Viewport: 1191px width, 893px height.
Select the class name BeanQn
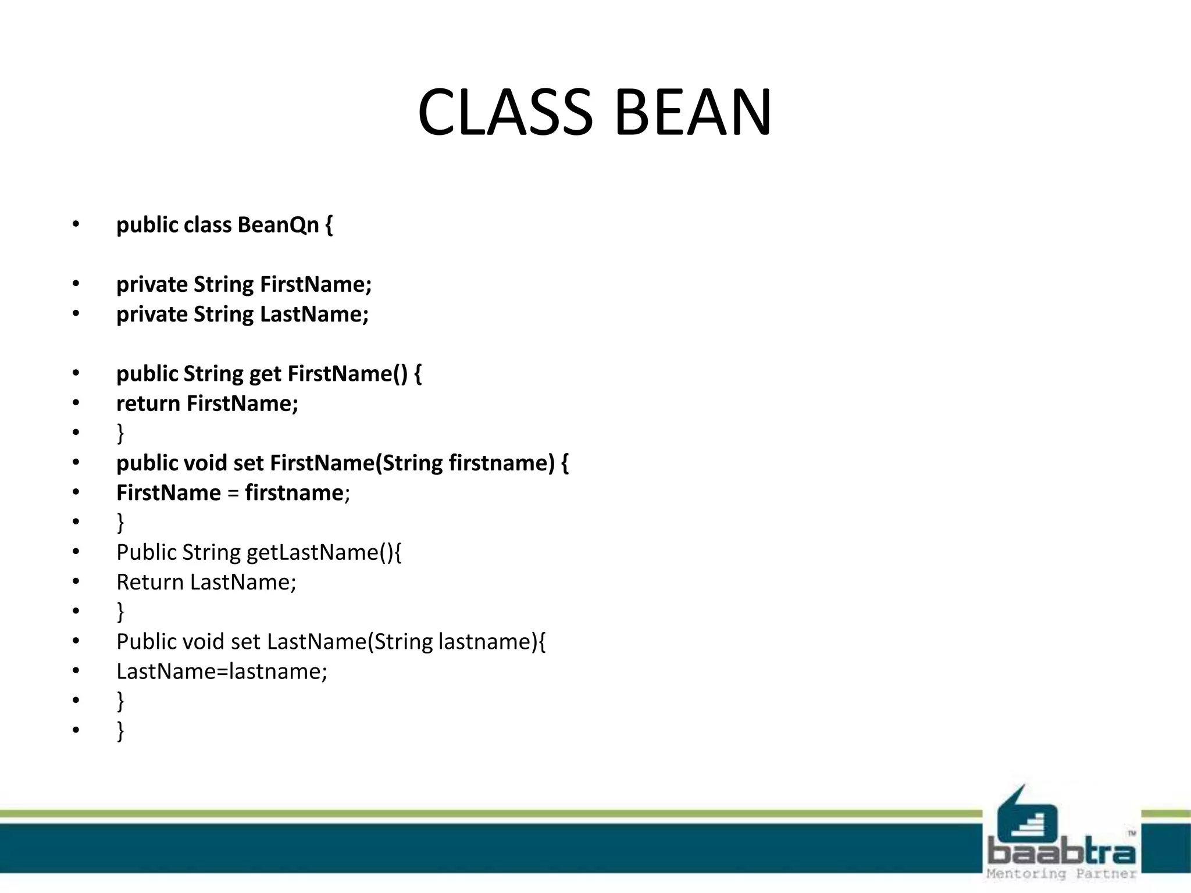tap(278, 225)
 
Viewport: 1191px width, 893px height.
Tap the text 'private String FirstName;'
tap(244, 284)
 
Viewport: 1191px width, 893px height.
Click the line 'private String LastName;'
tap(243, 315)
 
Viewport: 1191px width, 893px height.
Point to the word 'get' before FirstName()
tap(265, 374)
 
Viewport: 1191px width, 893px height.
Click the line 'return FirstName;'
tap(207, 403)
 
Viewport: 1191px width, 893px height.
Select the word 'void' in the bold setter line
tap(205, 463)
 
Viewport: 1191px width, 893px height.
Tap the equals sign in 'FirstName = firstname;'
tap(233, 494)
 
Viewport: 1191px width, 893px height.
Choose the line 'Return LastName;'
tap(206, 583)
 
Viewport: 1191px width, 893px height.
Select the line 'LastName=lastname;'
tap(222, 672)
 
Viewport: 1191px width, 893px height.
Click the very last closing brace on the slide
tap(120, 731)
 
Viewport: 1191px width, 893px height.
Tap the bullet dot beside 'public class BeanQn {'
tap(76, 225)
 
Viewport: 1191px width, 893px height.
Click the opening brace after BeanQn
tap(329, 225)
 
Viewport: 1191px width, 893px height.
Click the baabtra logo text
tap(1061, 852)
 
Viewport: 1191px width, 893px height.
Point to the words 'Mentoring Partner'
tap(1061, 874)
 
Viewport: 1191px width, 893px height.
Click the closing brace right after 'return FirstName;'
tap(120, 433)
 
